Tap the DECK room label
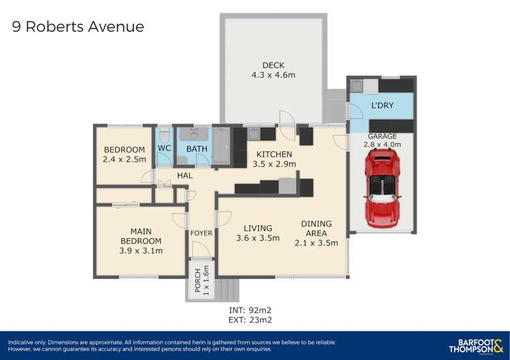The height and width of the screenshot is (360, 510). (273, 65)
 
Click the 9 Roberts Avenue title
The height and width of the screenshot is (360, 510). (78, 27)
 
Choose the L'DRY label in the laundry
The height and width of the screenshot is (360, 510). (383, 107)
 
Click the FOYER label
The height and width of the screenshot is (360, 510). (201, 233)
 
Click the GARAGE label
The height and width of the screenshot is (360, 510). (382, 136)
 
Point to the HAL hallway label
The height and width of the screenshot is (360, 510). (185, 176)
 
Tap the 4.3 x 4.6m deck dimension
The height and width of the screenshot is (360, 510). (273, 75)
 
